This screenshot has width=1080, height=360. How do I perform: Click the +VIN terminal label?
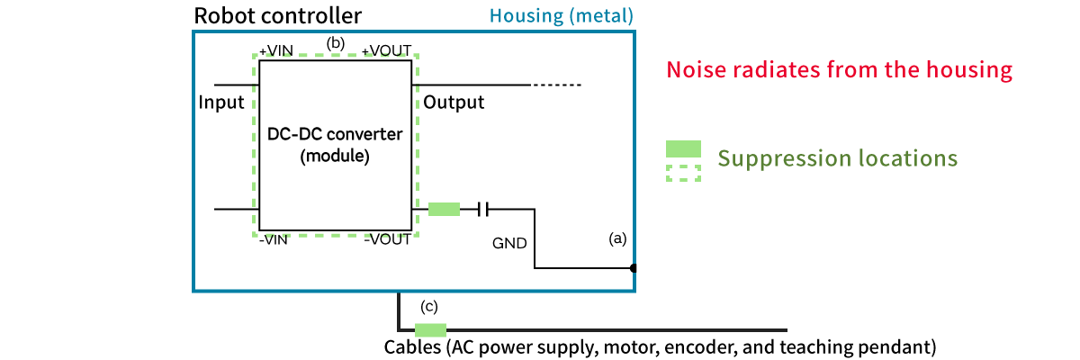276,50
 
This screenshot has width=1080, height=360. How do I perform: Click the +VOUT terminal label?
385,50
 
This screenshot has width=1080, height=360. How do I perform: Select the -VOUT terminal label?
387,239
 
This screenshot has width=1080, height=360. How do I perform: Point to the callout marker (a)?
617,239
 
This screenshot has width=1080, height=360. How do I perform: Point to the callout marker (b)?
336,42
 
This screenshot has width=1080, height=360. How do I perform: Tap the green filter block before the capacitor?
444,210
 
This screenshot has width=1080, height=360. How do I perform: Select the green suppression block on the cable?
430,329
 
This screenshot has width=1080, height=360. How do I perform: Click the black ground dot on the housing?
634,268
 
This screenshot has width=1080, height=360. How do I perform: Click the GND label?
509,243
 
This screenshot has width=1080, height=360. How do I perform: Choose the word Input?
221,102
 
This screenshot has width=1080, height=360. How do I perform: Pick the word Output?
454,102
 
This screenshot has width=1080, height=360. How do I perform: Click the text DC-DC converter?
335,135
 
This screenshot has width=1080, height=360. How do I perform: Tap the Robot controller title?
278,15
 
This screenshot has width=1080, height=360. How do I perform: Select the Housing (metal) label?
562,16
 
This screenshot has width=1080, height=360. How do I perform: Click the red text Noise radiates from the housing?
840,70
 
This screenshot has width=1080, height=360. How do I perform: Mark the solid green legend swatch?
683,149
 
